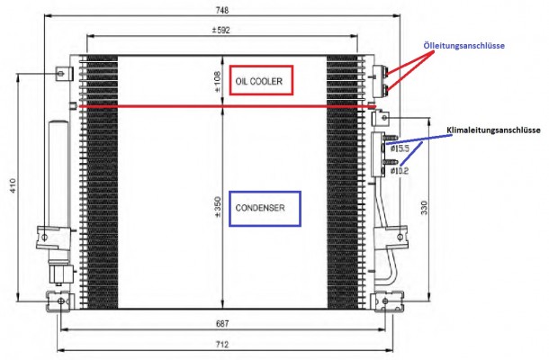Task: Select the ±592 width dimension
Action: [x=222, y=29]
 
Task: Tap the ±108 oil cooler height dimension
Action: [x=216, y=81]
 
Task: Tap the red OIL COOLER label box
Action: [x=261, y=81]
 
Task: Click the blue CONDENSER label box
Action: [x=263, y=208]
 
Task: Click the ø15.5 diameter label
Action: [x=399, y=148]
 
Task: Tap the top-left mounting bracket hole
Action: [x=60, y=73]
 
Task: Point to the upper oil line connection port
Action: [x=388, y=71]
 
